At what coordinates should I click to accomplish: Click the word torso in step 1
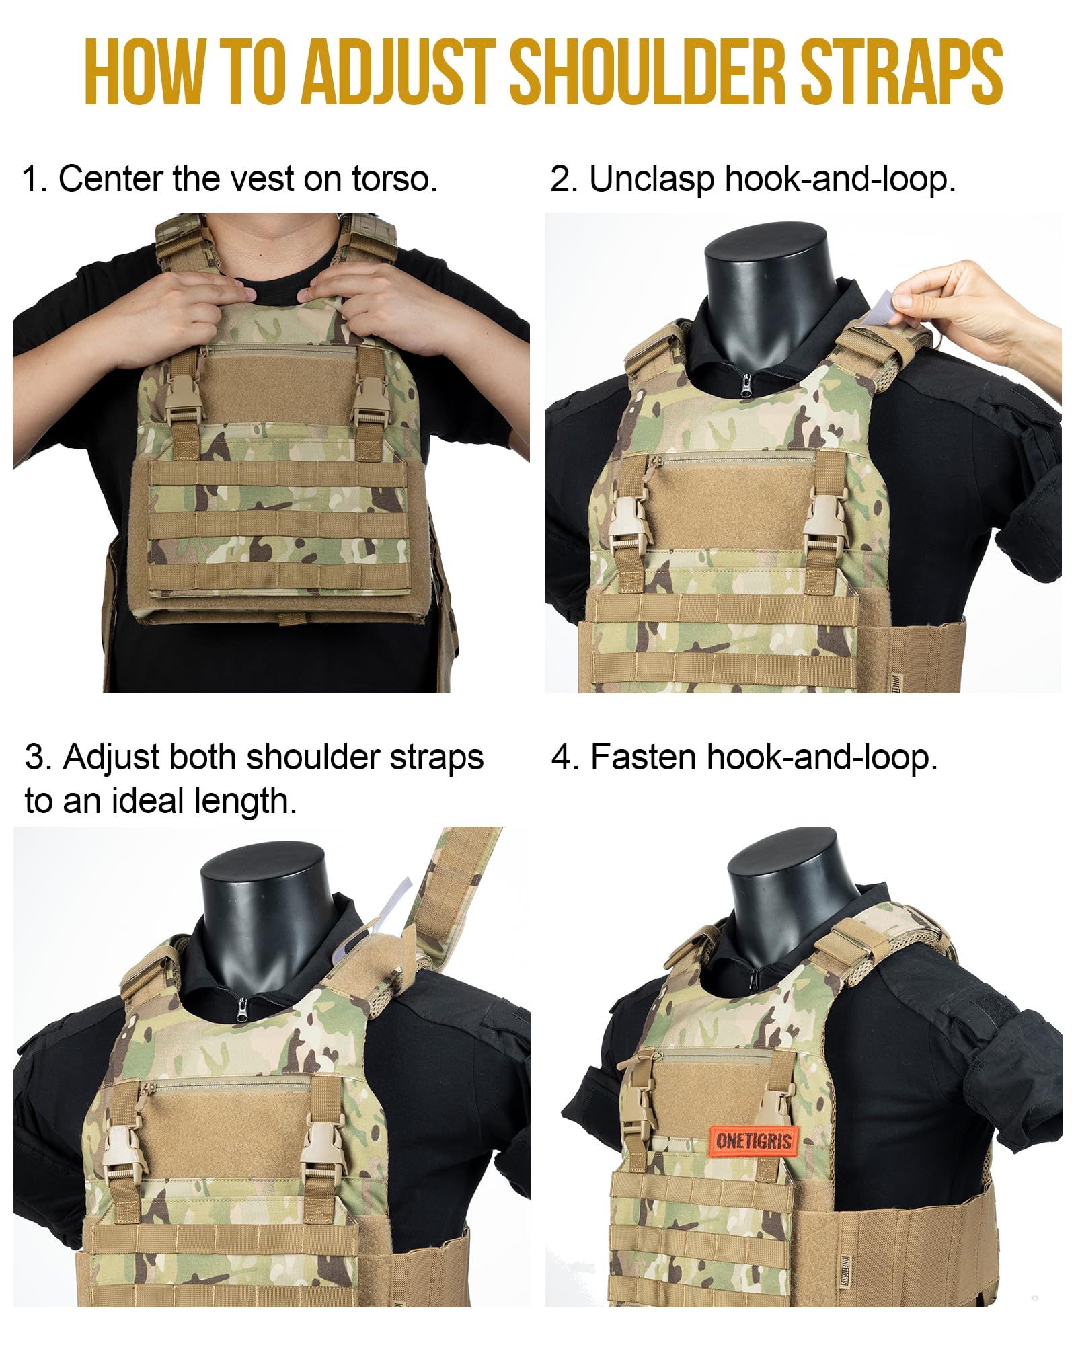pyautogui.click(x=395, y=180)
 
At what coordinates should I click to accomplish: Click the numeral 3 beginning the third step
pyautogui.click(x=34, y=757)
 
